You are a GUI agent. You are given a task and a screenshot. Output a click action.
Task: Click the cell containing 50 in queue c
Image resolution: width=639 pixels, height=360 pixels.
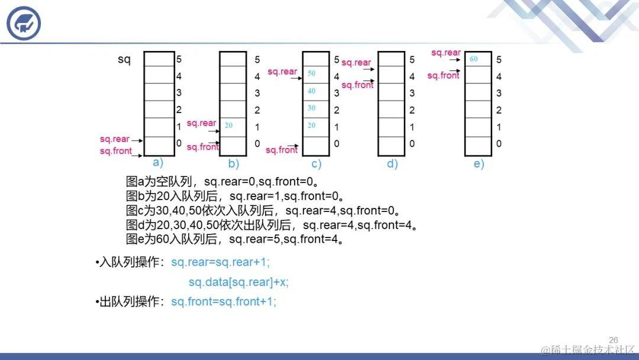point(315,74)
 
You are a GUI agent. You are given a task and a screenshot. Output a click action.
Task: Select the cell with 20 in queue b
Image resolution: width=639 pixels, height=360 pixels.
point(233,126)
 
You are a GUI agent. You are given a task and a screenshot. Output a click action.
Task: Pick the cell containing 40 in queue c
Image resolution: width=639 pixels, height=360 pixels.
point(315,91)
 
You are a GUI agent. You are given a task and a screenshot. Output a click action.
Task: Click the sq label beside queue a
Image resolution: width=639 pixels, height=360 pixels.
point(124,60)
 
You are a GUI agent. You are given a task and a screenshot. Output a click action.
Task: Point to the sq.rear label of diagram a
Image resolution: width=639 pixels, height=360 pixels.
point(114,139)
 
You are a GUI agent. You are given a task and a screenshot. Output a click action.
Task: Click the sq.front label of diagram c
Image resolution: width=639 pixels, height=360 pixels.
point(281,150)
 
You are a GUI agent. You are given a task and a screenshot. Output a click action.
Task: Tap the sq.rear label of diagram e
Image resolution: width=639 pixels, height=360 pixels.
point(446,53)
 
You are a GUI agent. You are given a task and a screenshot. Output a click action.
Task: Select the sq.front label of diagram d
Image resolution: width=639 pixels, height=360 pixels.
point(357,85)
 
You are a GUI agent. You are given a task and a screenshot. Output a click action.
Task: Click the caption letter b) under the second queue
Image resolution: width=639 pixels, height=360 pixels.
point(234,164)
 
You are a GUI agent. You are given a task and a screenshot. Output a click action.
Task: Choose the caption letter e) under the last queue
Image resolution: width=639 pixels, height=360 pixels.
point(479,164)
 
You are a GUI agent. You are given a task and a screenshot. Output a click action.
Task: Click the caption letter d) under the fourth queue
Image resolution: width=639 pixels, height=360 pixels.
point(392,164)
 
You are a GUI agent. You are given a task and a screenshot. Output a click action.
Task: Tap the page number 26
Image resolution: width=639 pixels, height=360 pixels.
point(613,340)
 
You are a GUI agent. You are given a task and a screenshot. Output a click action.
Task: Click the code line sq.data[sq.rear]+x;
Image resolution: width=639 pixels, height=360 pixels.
point(238,282)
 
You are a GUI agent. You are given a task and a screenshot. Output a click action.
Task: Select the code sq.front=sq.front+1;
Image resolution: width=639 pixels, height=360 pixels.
point(224,302)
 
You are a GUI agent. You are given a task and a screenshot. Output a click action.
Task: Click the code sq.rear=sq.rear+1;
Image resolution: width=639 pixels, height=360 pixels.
point(220,262)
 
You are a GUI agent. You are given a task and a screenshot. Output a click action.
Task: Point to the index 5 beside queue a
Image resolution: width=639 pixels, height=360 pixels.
point(179,59)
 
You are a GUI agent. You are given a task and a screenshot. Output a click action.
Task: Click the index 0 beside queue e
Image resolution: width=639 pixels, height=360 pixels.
point(499,143)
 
